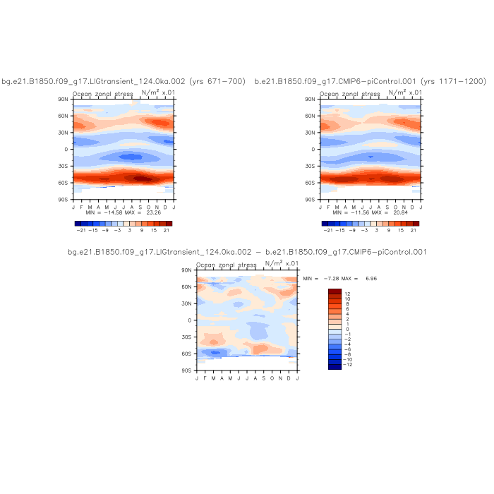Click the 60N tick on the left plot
[x=64, y=116]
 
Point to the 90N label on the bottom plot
[x=188, y=270]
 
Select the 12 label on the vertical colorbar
[x=347, y=293]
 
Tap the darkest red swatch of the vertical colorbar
[x=335, y=291]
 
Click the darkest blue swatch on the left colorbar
[x=78, y=222]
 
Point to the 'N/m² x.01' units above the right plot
[x=405, y=92]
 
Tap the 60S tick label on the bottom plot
[x=188, y=354]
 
